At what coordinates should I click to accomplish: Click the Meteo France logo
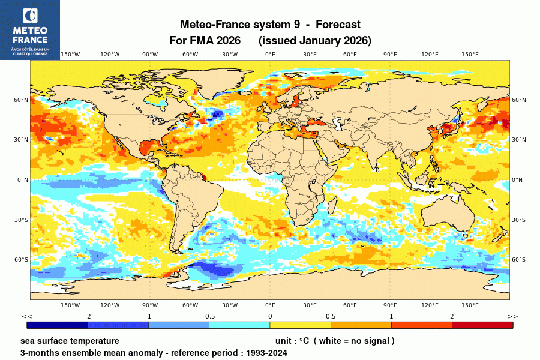click(29, 29)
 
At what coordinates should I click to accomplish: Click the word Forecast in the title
click(338, 25)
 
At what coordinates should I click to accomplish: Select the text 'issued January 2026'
click(315, 41)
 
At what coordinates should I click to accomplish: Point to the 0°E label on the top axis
click(270, 55)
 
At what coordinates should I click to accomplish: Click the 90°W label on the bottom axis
click(150, 305)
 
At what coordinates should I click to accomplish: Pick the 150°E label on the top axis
click(470, 55)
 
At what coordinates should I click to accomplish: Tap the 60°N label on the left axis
click(22, 100)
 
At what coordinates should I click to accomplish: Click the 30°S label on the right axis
click(518, 220)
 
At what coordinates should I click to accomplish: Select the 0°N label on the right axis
click(517, 180)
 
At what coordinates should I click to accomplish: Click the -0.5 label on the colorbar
click(209, 316)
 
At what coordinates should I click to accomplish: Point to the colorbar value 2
click(452, 316)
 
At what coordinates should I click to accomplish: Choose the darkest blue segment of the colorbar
click(57, 325)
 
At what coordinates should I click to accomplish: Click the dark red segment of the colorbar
click(482, 325)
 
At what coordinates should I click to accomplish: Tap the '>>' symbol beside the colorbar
click(513, 316)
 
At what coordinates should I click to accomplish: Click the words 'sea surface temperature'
click(70, 341)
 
